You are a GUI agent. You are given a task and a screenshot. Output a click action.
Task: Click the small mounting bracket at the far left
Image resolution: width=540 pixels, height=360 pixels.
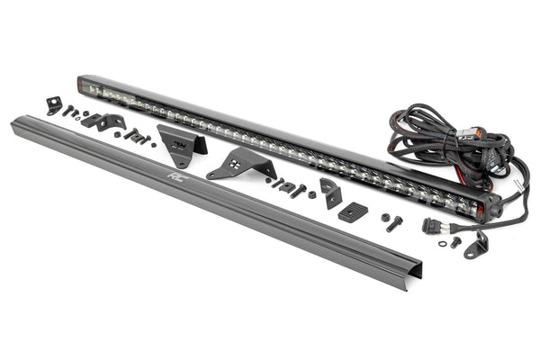pos(54,104)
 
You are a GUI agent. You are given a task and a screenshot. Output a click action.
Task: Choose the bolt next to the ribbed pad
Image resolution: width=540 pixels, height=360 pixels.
pos(392,222)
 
